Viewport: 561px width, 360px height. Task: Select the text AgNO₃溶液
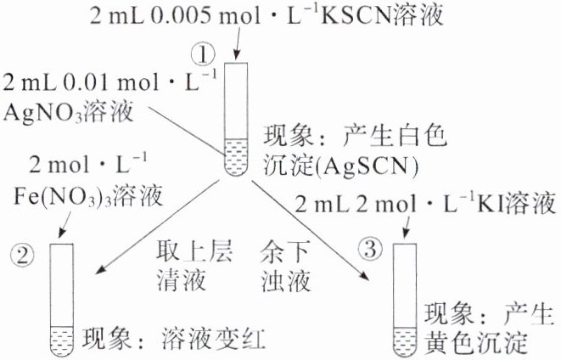coord(56,111)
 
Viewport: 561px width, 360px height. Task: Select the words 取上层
coord(189,253)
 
